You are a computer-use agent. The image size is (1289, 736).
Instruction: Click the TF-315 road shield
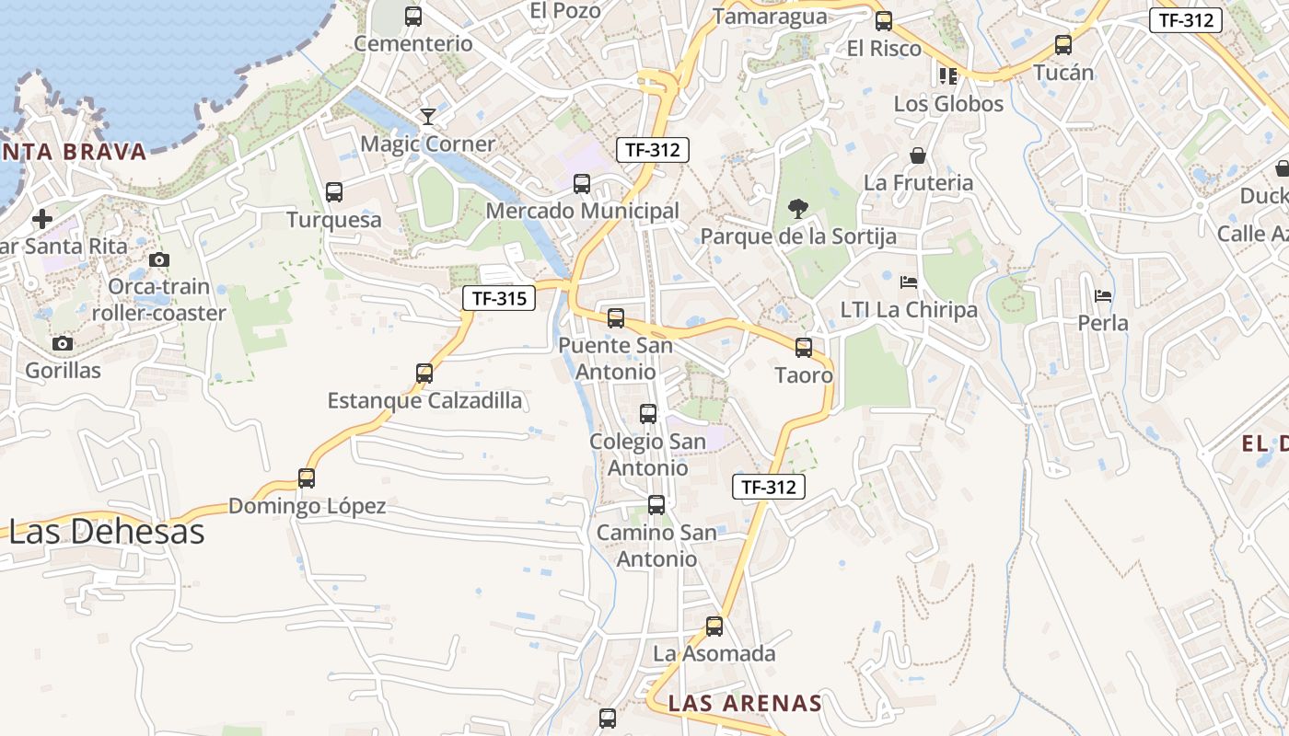[x=498, y=298]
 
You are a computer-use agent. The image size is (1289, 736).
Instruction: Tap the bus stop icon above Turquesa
[x=334, y=192]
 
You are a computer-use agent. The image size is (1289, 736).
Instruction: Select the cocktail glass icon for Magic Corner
[x=428, y=116]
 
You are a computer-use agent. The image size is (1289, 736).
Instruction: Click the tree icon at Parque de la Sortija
[x=798, y=209]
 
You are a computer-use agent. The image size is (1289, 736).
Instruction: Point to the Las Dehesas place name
[x=107, y=532]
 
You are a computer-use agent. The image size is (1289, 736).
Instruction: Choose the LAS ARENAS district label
[x=744, y=704]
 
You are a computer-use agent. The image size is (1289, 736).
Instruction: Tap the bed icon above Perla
[x=1103, y=296]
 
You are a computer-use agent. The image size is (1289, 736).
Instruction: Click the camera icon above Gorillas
[x=63, y=344]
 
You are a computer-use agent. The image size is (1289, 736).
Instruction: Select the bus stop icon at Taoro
[x=804, y=348]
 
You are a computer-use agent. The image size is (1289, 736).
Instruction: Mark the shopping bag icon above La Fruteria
[x=918, y=155]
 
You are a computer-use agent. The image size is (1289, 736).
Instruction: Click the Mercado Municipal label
[x=582, y=211]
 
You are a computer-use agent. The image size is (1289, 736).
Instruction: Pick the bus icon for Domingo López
[x=307, y=478]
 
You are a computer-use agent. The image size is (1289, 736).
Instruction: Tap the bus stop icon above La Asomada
[x=714, y=627]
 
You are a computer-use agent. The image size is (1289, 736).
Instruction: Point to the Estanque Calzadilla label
[x=424, y=401]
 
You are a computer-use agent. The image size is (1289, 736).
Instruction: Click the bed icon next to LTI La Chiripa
[x=909, y=282]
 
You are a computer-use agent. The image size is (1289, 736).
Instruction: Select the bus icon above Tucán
[x=1063, y=44]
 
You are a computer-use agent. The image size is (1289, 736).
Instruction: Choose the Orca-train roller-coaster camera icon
[x=159, y=260]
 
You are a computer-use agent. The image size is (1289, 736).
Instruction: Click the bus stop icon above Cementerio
[x=413, y=16]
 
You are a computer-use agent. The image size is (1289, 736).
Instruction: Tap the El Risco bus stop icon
[x=884, y=20]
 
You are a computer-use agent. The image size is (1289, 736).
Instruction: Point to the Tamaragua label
[x=770, y=17]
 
